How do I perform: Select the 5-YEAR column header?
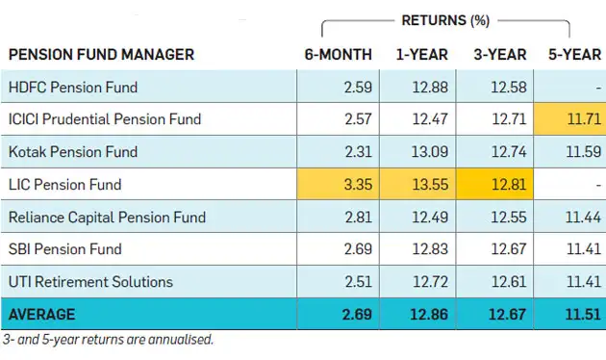click(574, 54)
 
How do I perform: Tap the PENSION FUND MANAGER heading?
click(100, 54)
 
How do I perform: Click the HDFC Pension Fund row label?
click(72, 88)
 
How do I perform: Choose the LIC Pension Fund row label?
click(63, 184)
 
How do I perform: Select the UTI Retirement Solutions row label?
click(90, 282)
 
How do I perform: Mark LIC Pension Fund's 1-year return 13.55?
click(428, 184)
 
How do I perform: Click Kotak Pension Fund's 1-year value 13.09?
click(428, 152)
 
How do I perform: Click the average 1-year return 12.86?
click(428, 314)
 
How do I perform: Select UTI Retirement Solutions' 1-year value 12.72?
click(428, 282)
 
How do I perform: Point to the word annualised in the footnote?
click(180, 339)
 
